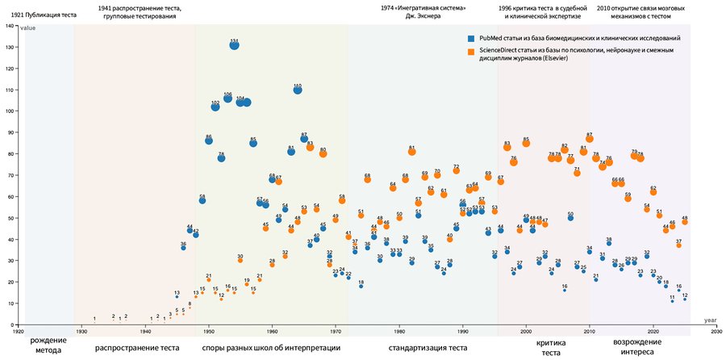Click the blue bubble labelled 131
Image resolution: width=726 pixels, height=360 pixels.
(x=234, y=45)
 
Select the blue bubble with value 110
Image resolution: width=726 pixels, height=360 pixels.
(x=298, y=90)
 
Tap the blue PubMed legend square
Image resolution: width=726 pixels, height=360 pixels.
(x=472, y=38)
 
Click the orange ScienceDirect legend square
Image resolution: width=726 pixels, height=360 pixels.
(x=472, y=52)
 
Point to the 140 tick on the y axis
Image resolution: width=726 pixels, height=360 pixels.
(x=10, y=26)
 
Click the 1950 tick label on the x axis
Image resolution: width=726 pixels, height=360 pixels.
(x=209, y=331)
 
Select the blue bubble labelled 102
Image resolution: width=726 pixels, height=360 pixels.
(x=215, y=105)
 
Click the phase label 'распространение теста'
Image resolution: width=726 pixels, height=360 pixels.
(x=137, y=349)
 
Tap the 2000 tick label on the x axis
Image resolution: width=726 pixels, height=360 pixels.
(x=526, y=331)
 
